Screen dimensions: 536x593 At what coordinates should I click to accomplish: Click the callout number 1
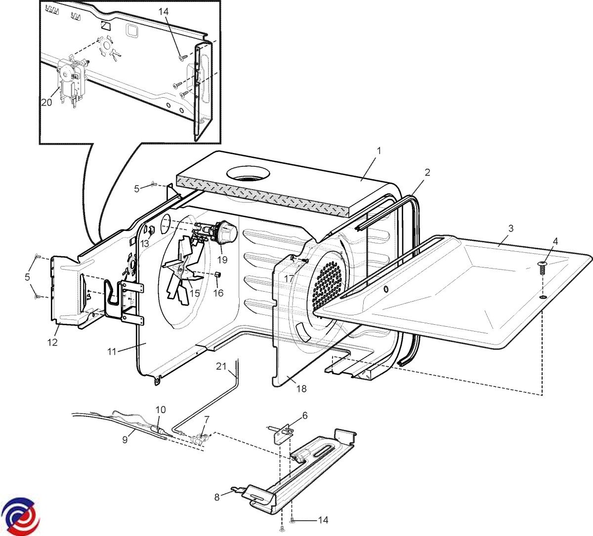tap(379, 151)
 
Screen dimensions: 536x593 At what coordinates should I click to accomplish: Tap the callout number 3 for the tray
tap(510, 229)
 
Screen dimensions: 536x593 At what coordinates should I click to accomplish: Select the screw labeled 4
tap(542, 269)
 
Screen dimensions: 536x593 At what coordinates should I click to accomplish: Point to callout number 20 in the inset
tap(46, 102)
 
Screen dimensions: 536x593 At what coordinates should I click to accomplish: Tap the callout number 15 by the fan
tap(195, 293)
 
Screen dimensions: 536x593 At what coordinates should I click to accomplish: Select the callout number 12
tap(53, 342)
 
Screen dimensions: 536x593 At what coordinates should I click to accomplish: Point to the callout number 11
tap(112, 351)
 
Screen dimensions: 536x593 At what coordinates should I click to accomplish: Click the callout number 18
tap(301, 389)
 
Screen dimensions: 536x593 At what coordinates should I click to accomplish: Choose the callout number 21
tap(220, 366)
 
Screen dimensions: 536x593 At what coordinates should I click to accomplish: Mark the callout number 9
tap(125, 437)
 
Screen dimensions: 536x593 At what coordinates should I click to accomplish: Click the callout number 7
tap(207, 420)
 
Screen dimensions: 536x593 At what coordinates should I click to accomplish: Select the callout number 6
tap(305, 416)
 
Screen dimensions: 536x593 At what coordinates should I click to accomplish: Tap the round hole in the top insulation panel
tap(249, 174)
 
